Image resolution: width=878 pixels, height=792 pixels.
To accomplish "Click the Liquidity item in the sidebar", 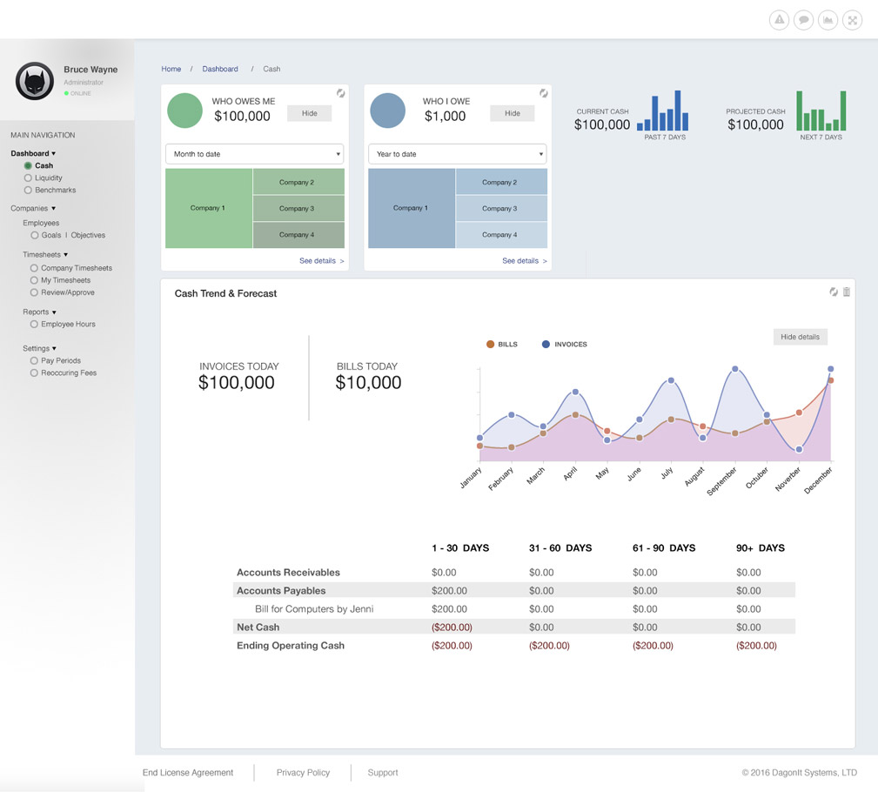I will [48, 178].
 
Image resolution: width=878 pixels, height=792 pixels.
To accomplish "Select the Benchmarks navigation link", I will [55, 190].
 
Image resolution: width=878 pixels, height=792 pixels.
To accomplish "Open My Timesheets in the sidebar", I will [65, 280].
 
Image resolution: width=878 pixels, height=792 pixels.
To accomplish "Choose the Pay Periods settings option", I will [60, 360].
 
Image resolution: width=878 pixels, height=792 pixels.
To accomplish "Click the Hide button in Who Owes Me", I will [309, 113].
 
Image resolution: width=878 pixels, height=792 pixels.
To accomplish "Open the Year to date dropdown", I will [458, 154].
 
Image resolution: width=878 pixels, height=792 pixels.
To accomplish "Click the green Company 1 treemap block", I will [209, 208].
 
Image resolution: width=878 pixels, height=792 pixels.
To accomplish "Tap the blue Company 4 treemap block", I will [500, 235].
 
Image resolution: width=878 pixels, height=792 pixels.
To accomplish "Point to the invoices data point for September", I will [735, 369].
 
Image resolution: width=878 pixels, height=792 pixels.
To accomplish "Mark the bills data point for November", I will [799, 413].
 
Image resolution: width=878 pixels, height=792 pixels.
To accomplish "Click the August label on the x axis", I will [694, 477].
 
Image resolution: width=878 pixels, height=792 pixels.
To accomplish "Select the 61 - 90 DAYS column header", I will [663, 548].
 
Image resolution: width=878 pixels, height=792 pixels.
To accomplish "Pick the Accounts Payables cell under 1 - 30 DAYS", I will [450, 591].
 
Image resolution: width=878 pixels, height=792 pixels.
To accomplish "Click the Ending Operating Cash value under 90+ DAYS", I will [756, 646].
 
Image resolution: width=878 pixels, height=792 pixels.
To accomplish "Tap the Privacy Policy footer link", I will [303, 773].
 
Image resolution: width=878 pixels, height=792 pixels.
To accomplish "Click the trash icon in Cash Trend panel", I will [847, 292].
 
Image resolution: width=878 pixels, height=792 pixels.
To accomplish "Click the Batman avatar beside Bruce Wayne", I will [35, 81].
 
